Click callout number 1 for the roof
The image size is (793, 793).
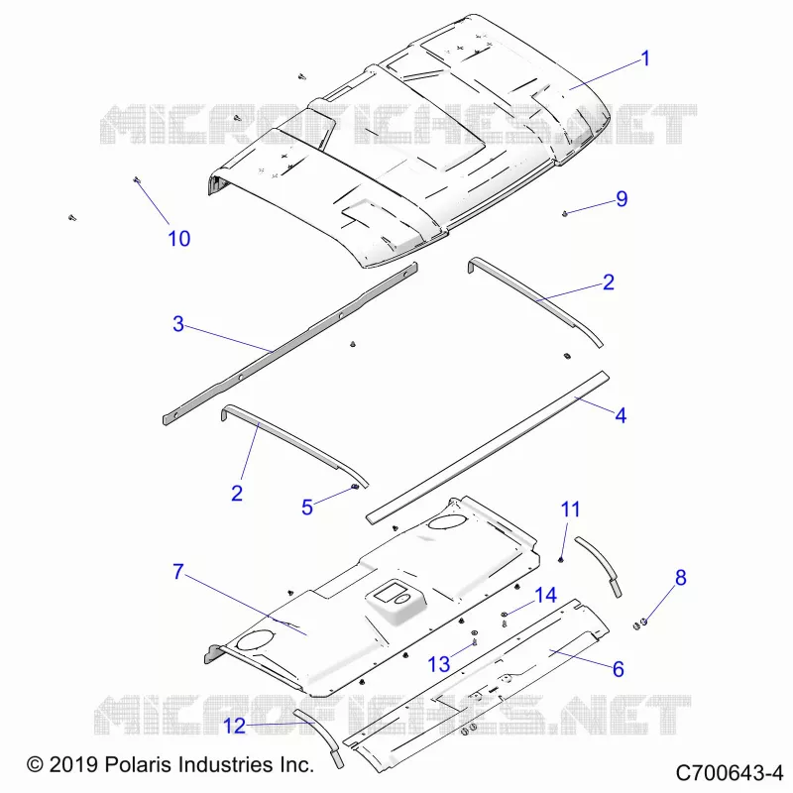[x=645, y=58]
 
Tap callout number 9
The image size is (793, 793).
[x=622, y=199]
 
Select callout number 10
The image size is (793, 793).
[x=179, y=238]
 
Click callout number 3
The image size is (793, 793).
[x=178, y=324]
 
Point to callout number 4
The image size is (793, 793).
[x=621, y=415]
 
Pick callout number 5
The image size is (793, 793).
[x=307, y=508]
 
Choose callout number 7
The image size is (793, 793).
[x=178, y=572]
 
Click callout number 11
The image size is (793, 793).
[x=571, y=510]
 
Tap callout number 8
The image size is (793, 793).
[x=681, y=578]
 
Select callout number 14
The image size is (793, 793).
[x=546, y=596]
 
